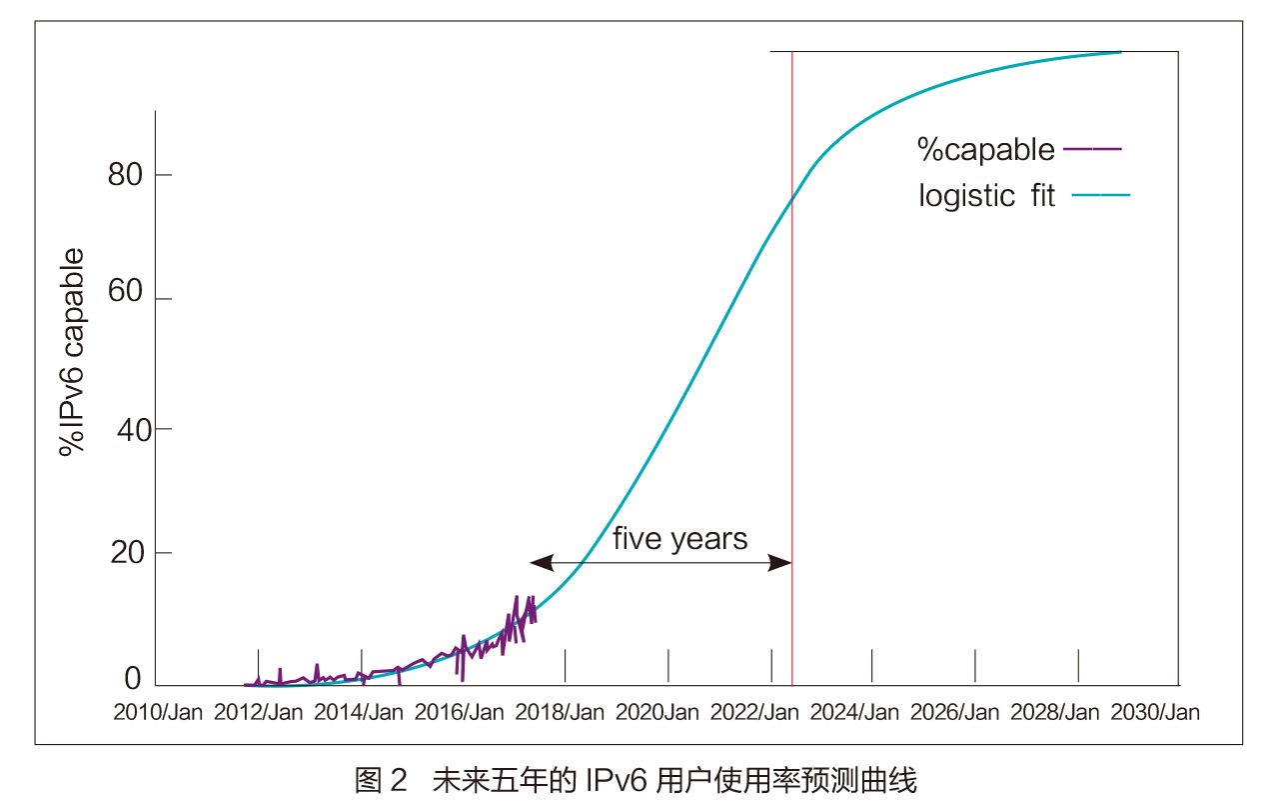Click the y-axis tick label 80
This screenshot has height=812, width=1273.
click(125, 175)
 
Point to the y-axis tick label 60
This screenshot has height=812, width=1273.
click(125, 299)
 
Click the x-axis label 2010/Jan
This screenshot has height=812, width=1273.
click(158, 713)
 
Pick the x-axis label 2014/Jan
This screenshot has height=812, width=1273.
click(360, 713)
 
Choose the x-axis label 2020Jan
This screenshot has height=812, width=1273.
click(657, 713)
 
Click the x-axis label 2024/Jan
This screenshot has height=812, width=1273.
click(855, 713)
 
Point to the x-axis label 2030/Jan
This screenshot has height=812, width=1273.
click(1157, 713)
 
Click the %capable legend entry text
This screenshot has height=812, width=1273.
click(985, 150)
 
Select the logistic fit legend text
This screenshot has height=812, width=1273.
click(986, 195)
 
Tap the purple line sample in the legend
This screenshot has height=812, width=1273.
click(1093, 149)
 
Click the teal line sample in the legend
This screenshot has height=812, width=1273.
click(1100, 195)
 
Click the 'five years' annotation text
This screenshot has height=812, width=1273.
click(679, 539)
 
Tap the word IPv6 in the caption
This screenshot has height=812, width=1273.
click(616, 780)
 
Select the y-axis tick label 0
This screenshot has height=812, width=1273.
click(133, 680)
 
